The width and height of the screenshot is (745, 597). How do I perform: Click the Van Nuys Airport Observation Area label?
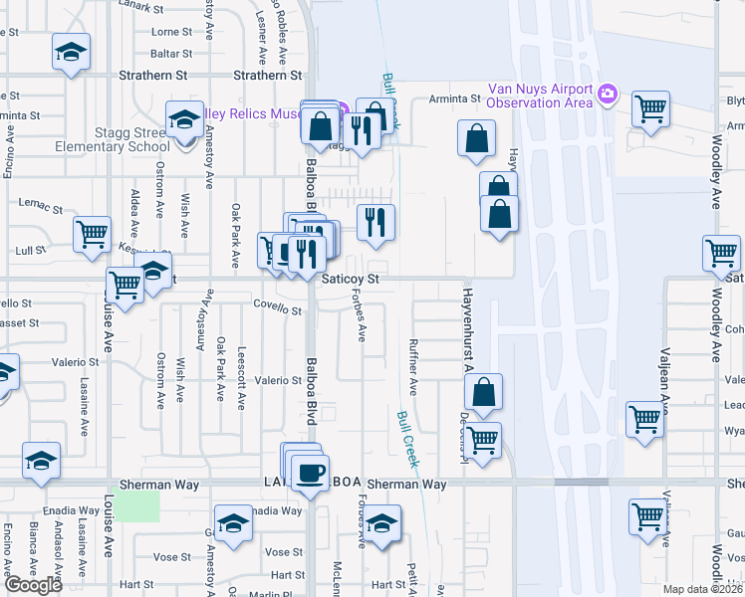pos(540,96)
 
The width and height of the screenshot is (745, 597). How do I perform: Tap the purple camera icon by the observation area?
pos(608,96)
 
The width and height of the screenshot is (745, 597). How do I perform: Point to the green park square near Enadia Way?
pos(135,505)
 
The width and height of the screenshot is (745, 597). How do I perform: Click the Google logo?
pos(33,585)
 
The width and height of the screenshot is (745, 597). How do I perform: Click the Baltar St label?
pos(171,53)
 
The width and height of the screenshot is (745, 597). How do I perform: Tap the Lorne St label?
pos(172,32)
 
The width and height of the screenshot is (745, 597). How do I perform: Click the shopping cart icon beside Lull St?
pos(93,235)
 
